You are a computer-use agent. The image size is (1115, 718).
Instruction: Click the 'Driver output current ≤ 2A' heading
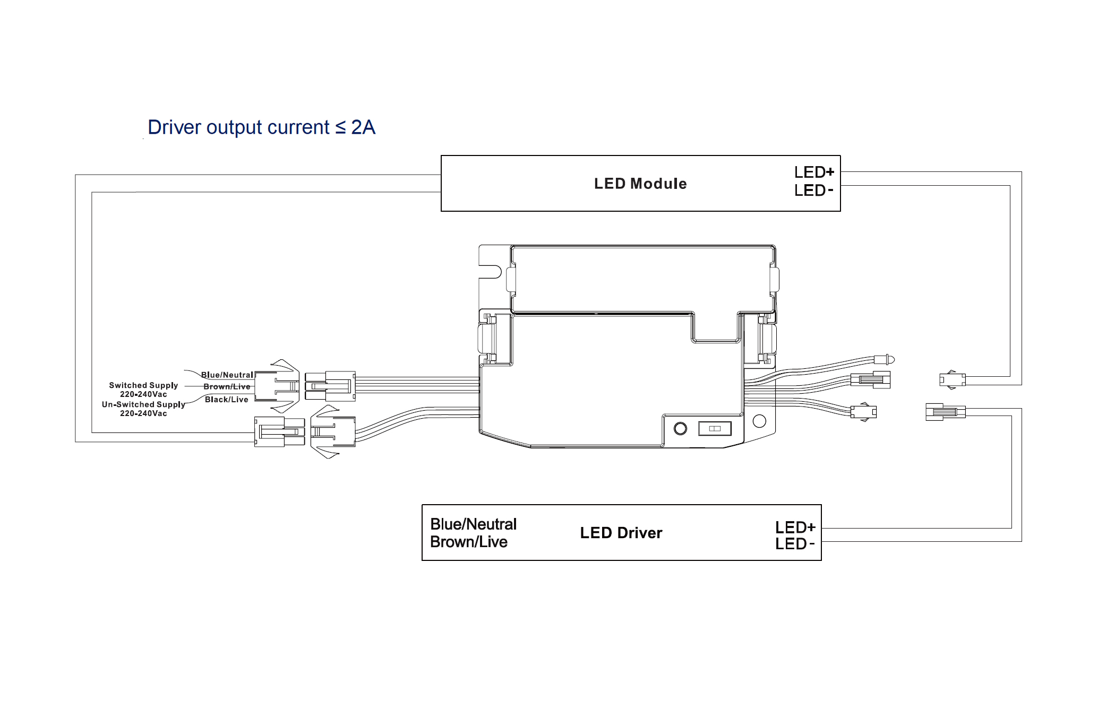pos(261,127)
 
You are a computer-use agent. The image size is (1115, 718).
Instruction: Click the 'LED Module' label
pos(640,184)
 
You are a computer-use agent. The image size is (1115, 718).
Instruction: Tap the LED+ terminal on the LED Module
pos(814,172)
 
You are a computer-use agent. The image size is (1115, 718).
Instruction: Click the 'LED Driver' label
pos(621,533)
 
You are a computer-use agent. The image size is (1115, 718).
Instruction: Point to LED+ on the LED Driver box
pos(795,527)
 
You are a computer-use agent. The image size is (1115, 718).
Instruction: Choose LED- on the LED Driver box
pos(794,543)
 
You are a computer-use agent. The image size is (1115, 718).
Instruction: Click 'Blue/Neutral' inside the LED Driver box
pos(473,524)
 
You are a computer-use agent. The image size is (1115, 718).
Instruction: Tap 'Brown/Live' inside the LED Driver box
pos(469,542)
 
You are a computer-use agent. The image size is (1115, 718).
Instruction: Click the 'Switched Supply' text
pos(143,385)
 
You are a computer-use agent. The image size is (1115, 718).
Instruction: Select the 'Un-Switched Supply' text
pos(143,404)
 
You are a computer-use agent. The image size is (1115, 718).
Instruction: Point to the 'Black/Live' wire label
pos(227,400)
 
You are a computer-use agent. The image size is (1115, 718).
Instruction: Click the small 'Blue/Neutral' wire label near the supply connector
pos(227,375)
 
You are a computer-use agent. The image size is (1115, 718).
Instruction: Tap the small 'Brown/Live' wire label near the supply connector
pos(227,387)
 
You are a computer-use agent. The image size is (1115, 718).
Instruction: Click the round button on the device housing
pos(680,428)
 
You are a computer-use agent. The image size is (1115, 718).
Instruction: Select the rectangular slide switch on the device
pos(715,428)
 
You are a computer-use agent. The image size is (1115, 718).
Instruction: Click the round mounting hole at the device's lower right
pos(759,421)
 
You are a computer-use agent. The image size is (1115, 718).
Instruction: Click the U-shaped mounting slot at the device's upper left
pos(491,271)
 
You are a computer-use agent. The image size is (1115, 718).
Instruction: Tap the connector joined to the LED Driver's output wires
pos(945,412)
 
